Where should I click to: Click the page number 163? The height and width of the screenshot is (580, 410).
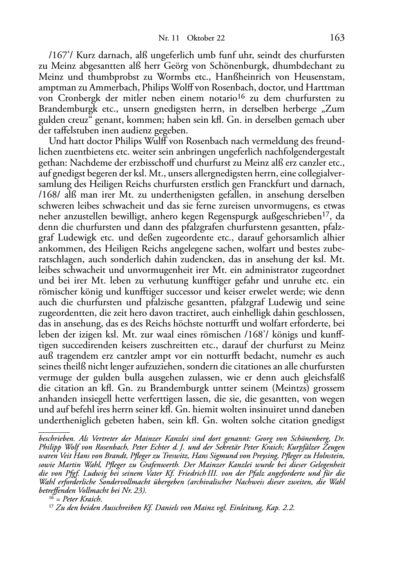(337, 38)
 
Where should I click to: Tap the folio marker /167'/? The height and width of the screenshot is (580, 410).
(60, 55)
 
